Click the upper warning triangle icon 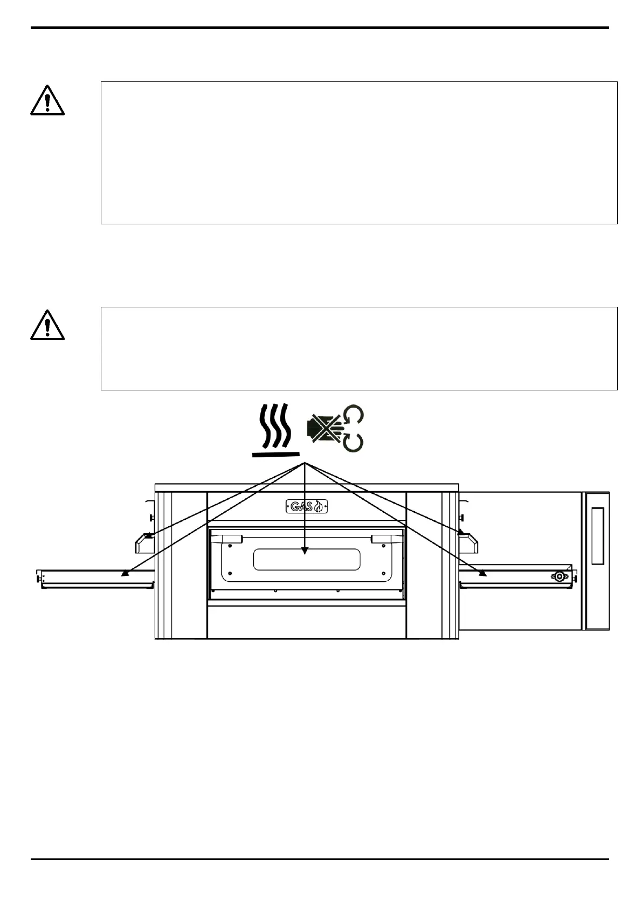[47, 100]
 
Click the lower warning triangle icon [47, 326]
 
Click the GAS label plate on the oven [306, 506]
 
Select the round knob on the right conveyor [559, 576]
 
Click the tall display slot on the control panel [597, 535]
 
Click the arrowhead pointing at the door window [305, 551]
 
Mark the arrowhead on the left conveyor [124, 574]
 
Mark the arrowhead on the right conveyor [484, 574]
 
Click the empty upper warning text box [358, 153]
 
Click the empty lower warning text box [358, 348]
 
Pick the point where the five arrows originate [305, 463]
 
